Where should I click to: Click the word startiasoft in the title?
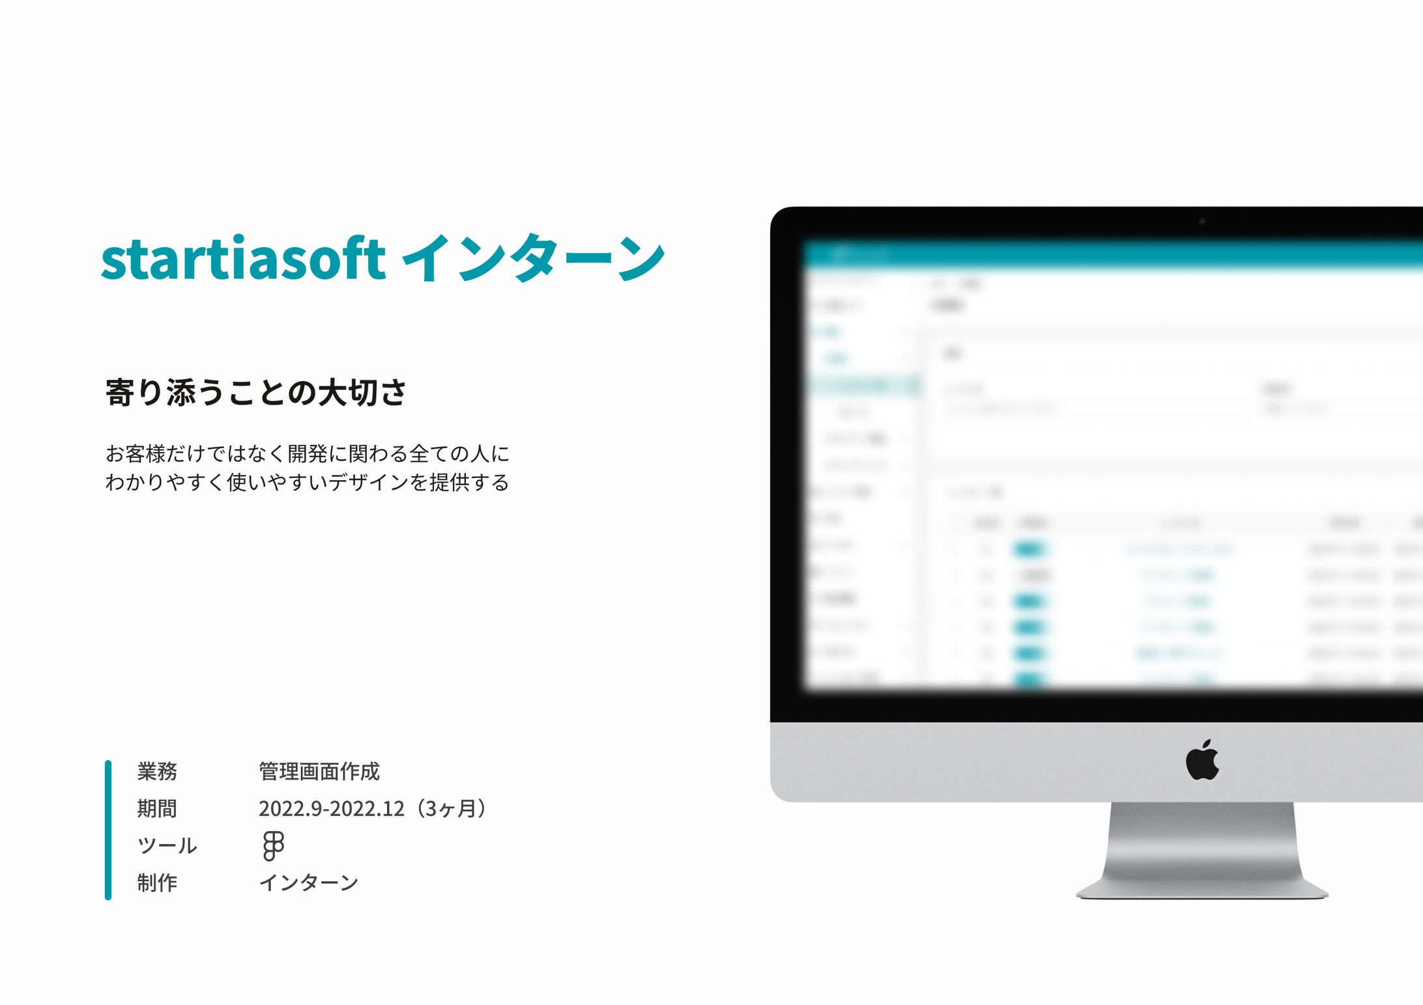(x=243, y=259)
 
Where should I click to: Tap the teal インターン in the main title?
(x=533, y=259)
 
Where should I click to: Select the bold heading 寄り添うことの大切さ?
(x=256, y=393)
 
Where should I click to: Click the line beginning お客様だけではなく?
(x=307, y=453)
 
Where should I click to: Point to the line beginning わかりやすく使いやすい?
(x=307, y=483)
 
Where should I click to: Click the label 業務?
(x=157, y=771)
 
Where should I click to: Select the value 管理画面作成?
(x=319, y=771)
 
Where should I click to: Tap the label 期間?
(x=157, y=808)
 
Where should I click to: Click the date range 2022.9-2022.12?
(x=331, y=808)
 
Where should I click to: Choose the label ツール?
(x=167, y=845)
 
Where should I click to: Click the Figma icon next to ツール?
(x=273, y=845)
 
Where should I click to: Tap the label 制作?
(x=157, y=883)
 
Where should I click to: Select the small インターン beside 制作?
(x=309, y=883)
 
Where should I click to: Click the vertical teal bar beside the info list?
(x=108, y=830)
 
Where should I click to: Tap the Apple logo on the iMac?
(x=1202, y=760)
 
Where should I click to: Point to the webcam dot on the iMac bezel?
(x=1202, y=221)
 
